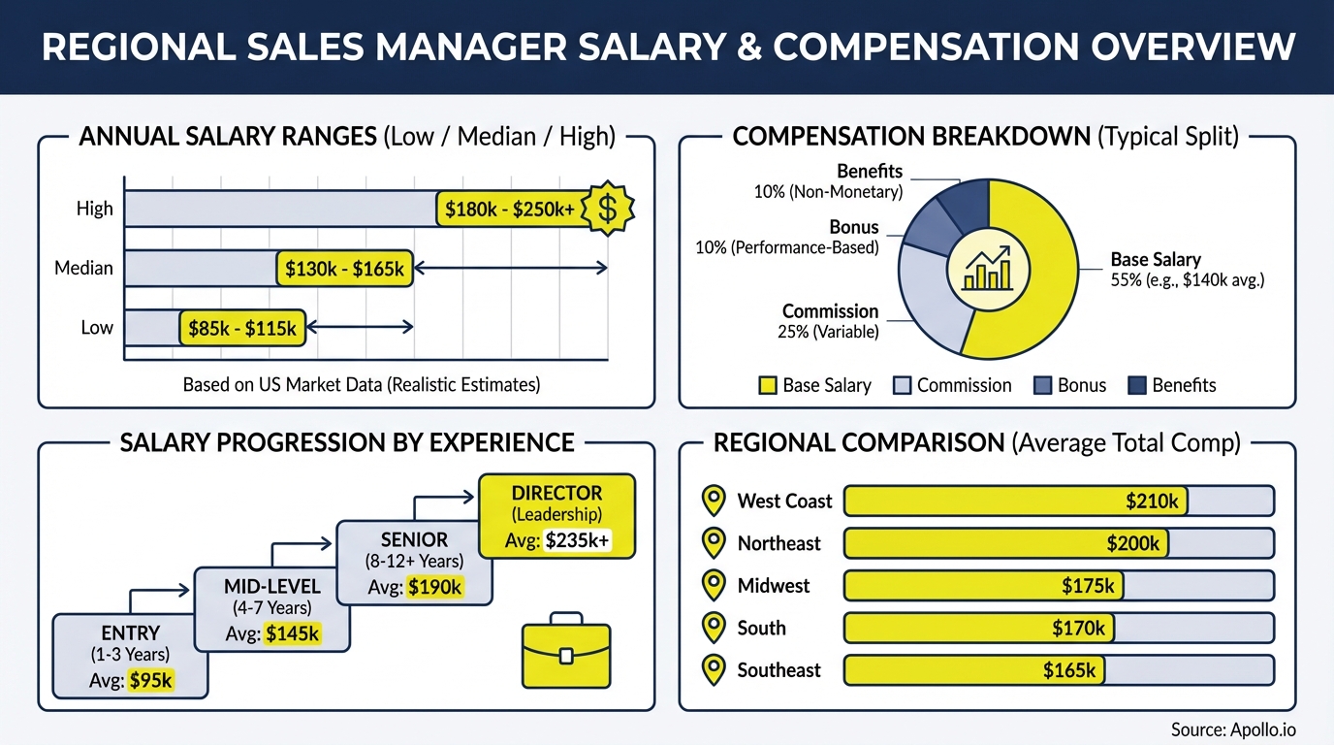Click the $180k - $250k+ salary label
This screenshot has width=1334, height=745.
510,209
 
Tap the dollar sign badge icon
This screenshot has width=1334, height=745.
607,209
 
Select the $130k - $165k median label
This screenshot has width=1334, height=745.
345,269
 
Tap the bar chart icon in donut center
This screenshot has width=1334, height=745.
986,269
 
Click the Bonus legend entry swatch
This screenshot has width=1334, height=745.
1043,386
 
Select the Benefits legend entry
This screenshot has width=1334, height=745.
1172,386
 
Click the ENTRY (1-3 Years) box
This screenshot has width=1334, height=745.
130,656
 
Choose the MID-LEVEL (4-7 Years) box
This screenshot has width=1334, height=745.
271,609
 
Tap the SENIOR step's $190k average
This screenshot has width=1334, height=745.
435,587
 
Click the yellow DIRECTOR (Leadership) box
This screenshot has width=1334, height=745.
557,515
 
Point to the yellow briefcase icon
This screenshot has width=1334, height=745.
566,649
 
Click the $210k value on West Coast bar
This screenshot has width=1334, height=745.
1152,502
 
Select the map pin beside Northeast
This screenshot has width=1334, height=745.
714,543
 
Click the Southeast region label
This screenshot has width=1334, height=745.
778,670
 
